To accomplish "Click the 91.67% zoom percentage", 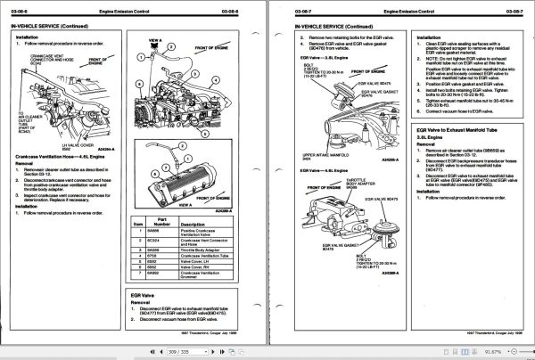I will click(496, 353).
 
